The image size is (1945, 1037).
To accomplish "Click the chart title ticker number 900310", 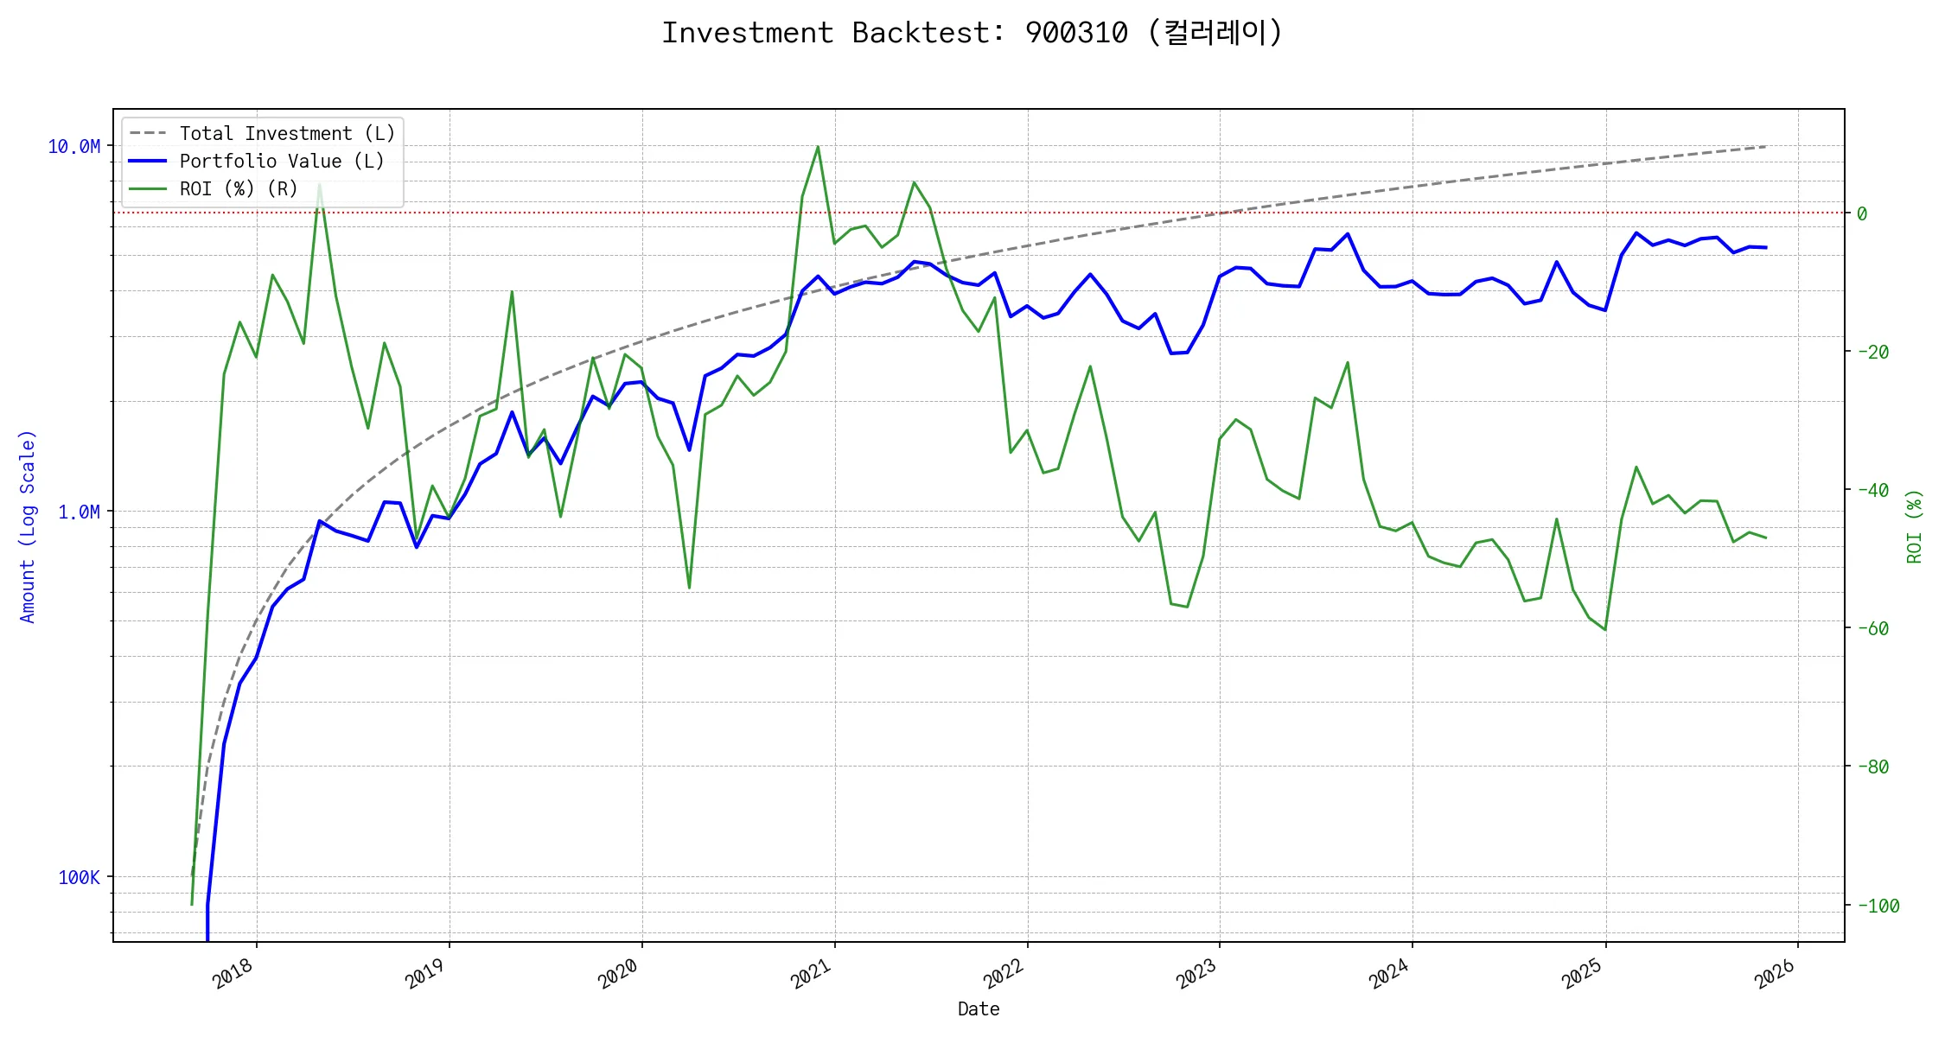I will click(x=1075, y=33).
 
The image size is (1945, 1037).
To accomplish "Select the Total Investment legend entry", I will click(x=286, y=134).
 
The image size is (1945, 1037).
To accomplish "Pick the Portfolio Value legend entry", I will click(x=281, y=162).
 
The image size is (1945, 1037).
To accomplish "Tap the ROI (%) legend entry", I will click(x=238, y=189).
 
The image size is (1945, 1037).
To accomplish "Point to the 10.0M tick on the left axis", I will click(x=73, y=147).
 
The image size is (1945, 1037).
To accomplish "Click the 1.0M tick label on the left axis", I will click(x=79, y=512).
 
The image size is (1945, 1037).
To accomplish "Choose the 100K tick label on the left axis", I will click(x=79, y=878).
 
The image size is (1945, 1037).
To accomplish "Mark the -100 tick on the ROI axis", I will click(x=1878, y=906).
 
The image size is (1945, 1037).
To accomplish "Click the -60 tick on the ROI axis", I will click(x=1872, y=628).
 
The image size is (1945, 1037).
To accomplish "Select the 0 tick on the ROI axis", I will click(x=1862, y=213).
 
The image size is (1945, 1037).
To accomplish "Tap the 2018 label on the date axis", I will click(x=233, y=974).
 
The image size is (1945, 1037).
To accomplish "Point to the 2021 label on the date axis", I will click(x=812, y=974).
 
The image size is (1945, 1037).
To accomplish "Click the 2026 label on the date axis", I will click(x=1776, y=974).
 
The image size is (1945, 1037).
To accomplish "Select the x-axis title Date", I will click(x=979, y=1009).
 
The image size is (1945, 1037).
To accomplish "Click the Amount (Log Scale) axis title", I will click(x=28, y=525).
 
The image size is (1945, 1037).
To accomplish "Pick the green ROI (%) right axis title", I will click(x=1915, y=525).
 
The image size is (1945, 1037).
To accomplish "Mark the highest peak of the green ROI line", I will click(x=818, y=147).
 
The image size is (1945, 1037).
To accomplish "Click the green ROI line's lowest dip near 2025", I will click(x=1605, y=629).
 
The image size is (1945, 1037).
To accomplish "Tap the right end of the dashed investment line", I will click(x=1765, y=147).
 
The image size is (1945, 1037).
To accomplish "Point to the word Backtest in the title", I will click(x=920, y=33).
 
